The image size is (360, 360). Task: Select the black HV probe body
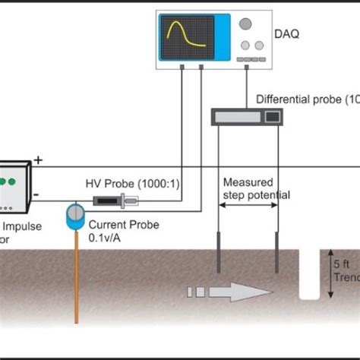coord(111,201)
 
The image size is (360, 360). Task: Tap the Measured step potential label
coord(256,188)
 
